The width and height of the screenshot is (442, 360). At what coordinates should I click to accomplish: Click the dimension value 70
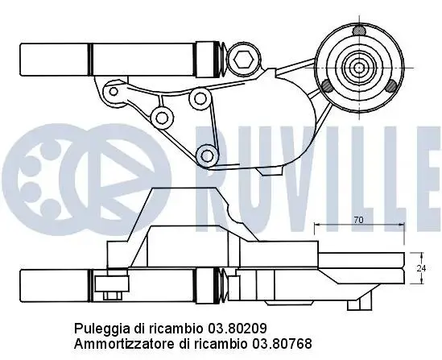[358, 220]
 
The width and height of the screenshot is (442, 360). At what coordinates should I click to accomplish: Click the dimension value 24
[421, 268]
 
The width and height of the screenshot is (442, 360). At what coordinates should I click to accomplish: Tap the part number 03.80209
[238, 329]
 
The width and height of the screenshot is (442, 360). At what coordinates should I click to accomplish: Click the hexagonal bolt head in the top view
[243, 60]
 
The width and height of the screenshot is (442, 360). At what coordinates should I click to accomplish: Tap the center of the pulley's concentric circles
[359, 68]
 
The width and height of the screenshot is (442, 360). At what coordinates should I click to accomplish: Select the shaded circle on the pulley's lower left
[327, 85]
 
